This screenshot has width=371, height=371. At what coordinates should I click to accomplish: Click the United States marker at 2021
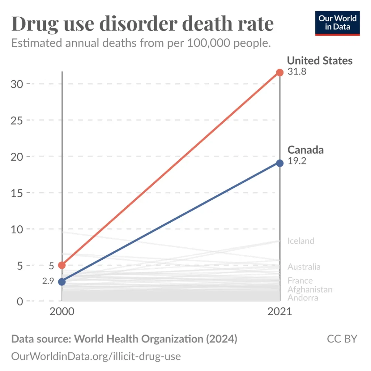[280, 73]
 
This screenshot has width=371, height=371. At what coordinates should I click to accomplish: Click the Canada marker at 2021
[280, 163]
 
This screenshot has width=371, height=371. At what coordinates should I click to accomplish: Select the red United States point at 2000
[62, 265]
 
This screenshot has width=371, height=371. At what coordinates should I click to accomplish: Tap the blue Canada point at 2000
[62, 282]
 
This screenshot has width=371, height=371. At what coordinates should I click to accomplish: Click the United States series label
[320, 61]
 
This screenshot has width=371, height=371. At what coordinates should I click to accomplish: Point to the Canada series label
[305, 150]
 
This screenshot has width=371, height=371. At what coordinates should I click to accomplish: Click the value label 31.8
[297, 71]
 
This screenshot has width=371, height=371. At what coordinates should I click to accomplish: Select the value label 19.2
[297, 161]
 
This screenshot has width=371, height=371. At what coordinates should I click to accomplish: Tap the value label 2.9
[48, 281]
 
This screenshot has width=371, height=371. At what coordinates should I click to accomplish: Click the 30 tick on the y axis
[17, 84]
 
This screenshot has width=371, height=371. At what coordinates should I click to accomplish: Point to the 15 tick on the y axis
[17, 193]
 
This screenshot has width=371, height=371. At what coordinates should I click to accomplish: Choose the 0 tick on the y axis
[20, 301]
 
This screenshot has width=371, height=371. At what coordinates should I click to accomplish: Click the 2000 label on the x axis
[62, 311]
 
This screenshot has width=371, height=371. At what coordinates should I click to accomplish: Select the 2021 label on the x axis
[280, 311]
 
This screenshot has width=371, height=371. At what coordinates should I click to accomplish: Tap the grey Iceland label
[301, 241]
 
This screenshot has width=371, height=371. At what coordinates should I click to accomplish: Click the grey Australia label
[304, 267]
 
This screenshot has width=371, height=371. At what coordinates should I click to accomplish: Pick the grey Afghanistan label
[310, 290]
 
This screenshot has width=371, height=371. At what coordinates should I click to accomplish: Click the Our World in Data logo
[337, 23]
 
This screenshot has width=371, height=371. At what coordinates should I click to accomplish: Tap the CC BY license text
[342, 339]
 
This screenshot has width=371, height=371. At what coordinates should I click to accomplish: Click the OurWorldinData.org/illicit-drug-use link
[96, 356]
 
